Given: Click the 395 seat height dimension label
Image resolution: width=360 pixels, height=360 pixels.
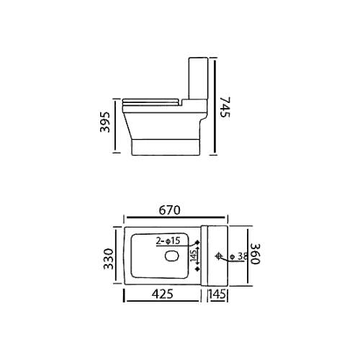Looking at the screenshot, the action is coord(105,122).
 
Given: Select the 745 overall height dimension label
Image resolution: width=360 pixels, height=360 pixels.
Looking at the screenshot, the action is coord(225,107).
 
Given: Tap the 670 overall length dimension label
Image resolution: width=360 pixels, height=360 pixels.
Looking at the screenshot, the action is coord(169,210).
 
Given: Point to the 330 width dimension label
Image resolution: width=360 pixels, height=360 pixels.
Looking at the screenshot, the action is coord(109,259).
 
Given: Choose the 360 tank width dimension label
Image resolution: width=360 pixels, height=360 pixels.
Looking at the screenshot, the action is coord(255,253).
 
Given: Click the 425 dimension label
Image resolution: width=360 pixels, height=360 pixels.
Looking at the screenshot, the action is coord(162,294).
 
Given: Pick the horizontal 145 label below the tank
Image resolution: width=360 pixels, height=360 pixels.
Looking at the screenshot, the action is coord(217,294).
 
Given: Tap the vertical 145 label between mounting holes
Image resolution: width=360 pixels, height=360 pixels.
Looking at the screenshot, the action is coord(193,255).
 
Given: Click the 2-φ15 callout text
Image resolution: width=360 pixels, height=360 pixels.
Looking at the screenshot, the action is coord(168,240).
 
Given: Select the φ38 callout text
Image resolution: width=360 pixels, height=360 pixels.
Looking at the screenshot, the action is coord(238,256).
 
